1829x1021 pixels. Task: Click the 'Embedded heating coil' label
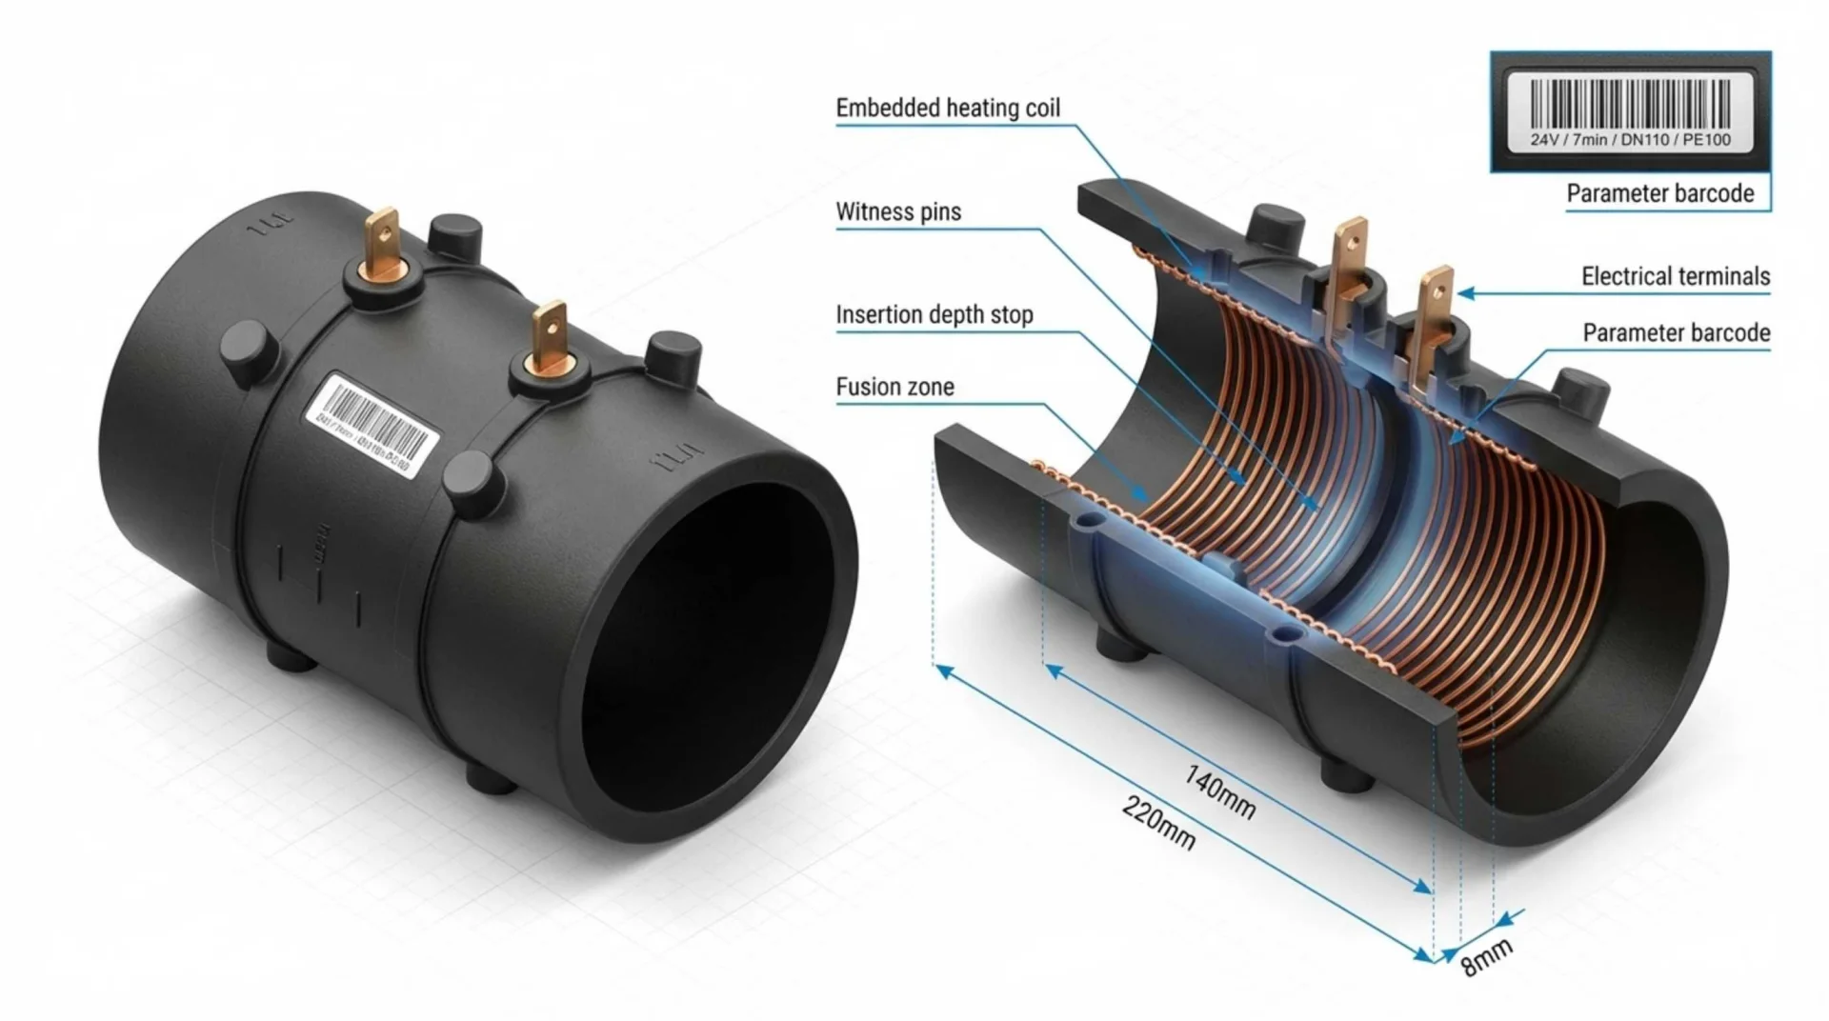(x=947, y=108)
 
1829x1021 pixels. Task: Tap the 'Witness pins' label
(x=897, y=211)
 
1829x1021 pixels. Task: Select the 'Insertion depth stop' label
(x=934, y=314)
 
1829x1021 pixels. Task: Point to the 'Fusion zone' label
(x=894, y=387)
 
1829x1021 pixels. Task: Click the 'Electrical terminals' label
(x=1675, y=276)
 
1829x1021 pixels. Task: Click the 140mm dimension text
(x=1220, y=791)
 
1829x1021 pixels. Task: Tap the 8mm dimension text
(x=1486, y=957)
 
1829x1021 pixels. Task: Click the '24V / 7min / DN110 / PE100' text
(x=1630, y=140)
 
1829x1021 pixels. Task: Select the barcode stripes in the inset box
(x=1630, y=103)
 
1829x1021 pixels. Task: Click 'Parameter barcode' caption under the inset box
(x=1659, y=193)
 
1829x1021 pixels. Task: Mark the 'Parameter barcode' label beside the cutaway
(x=1676, y=332)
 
